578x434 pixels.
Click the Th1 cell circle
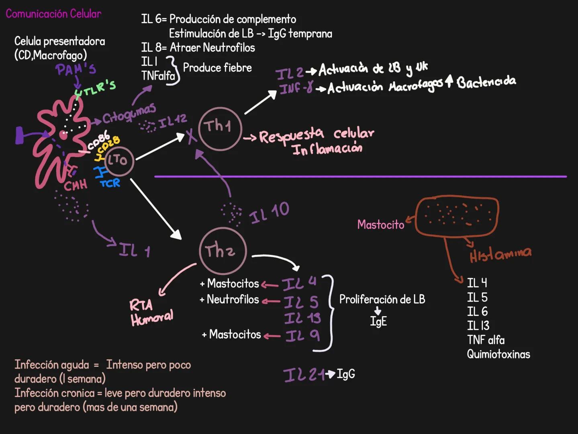tap(219, 129)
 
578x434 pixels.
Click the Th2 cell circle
tap(222, 251)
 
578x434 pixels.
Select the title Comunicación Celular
tap(53, 14)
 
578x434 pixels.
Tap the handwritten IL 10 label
tap(269, 212)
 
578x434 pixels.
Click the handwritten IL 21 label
tap(304, 375)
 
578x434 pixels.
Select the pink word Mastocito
tap(380, 225)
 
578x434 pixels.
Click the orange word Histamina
tap(500, 254)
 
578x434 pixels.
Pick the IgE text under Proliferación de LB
tap(378, 321)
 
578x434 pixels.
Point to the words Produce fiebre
tap(217, 68)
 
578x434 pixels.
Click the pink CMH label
tap(76, 185)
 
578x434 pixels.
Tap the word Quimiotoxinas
tap(498, 354)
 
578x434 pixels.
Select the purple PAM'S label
tap(76, 70)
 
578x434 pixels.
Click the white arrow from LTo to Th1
tap(160, 147)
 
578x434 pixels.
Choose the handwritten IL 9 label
tap(302, 336)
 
